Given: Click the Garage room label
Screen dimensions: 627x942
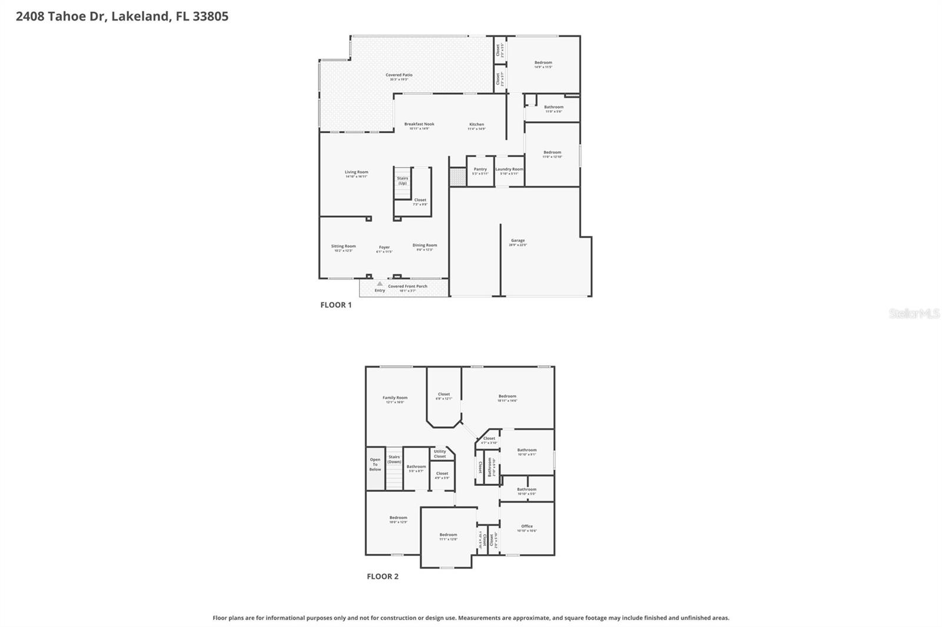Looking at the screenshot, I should click(518, 241).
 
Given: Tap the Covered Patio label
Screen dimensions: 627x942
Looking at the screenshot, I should click(399, 75).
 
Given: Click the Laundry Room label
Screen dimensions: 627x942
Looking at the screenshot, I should click(509, 169).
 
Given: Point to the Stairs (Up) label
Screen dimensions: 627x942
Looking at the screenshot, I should click(402, 181).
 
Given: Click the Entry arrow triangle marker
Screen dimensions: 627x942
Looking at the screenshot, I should click(380, 284).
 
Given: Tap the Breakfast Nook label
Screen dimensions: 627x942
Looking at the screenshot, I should click(419, 124).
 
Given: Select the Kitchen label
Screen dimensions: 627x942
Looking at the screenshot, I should click(476, 125).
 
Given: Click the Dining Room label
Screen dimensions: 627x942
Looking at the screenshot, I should click(424, 245).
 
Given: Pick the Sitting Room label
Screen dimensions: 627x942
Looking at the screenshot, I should click(343, 246).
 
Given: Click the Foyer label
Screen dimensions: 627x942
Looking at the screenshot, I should click(384, 248).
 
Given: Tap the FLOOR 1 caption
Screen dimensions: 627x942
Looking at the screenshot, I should click(336, 305).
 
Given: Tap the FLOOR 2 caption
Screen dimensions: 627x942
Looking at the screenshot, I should click(383, 576).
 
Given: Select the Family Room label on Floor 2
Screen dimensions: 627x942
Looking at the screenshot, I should click(395, 398).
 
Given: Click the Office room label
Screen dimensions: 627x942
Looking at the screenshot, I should click(527, 526).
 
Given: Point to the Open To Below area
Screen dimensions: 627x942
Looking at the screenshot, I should click(375, 465).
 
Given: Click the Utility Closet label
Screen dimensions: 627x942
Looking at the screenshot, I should click(440, 453).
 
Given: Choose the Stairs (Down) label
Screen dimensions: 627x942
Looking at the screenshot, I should click(394, 459).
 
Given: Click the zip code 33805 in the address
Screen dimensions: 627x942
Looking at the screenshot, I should click(210, 16).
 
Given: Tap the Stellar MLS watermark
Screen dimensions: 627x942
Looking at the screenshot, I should click(914, 313).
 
